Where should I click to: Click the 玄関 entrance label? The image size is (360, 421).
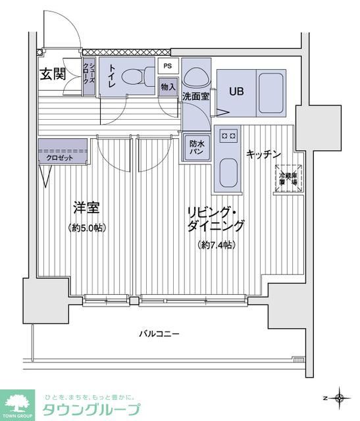point(53,74)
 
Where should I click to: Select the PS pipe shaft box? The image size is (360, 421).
point(168,66)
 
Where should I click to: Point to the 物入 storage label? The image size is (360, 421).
point(168,87)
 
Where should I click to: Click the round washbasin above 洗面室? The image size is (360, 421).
point(195,78)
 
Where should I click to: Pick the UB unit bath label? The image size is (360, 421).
point(236,91)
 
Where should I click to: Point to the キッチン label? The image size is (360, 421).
point(264,154)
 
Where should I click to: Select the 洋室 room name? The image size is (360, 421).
point(86,209)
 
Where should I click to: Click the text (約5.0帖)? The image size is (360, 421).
point(86,228)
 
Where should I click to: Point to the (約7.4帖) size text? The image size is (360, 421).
point(217,245)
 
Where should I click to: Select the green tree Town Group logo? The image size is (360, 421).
point(20,403)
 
